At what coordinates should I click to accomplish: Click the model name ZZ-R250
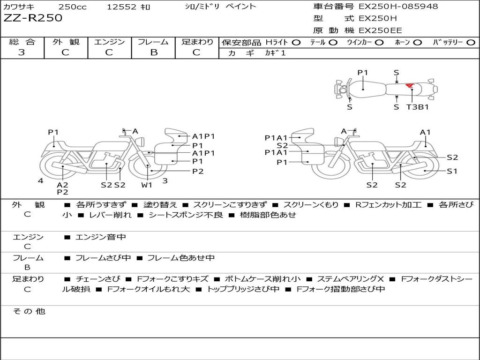(33, 18)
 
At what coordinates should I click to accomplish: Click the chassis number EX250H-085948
(398, 6)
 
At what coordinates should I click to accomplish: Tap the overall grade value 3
(22, 52)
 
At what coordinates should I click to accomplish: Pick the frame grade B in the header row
(154, 52)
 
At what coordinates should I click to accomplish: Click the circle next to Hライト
(296, 43)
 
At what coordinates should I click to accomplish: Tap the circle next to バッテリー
(471, 43)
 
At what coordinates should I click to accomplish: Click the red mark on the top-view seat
(410, 86)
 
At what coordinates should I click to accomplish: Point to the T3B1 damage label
(417, 107)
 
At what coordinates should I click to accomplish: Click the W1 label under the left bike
(147, 185)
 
